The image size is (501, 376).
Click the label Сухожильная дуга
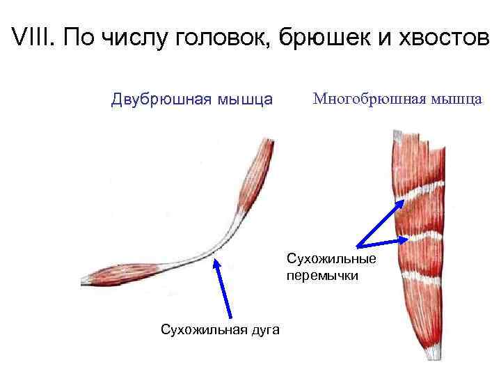[x=220, y=329]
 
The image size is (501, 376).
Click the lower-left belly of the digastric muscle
[x=118, y=275]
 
